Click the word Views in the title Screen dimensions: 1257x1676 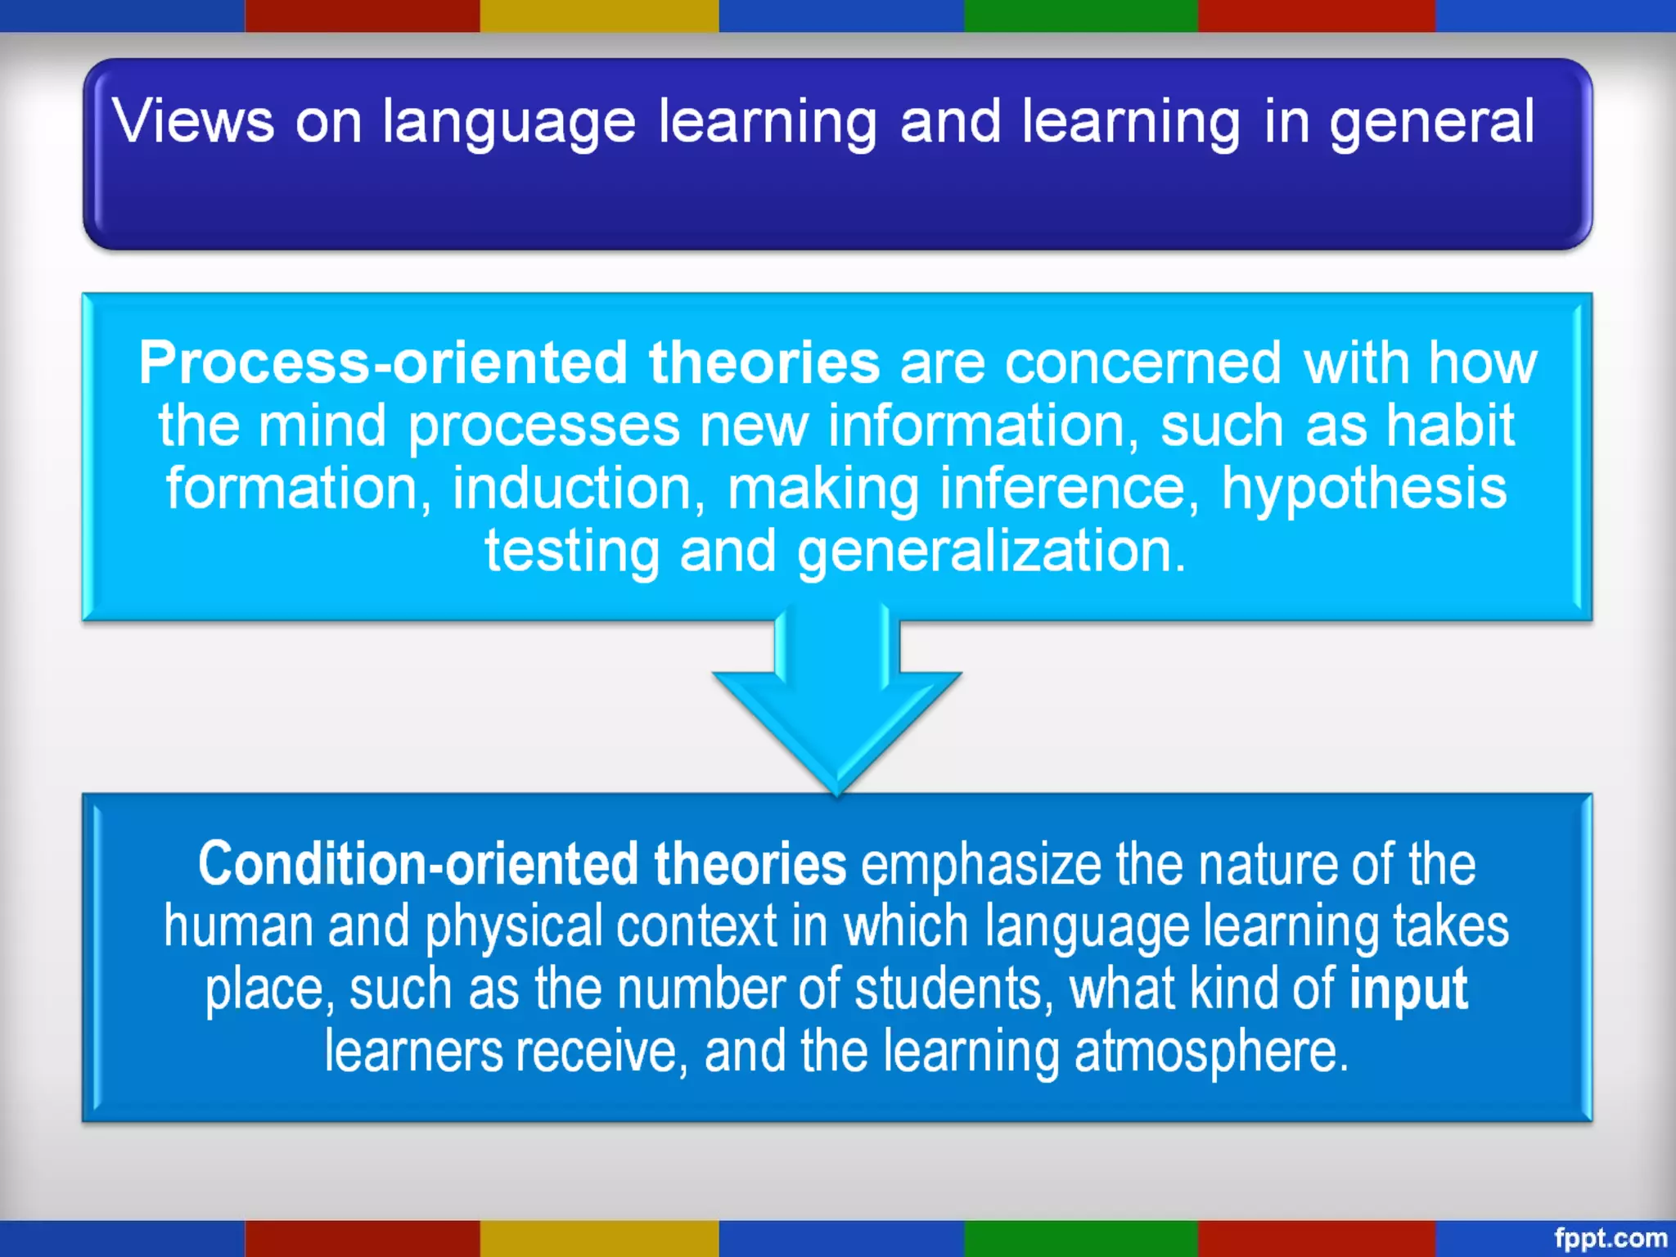coord(193,121)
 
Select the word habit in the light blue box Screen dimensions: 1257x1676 coord(1449,426)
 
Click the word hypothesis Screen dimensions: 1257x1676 coord(1363,489)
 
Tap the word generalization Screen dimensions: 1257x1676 coord(991,552)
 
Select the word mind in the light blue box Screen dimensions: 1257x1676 coord(322,426)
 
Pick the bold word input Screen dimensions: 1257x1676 coord(1408,989)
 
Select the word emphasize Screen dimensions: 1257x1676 coord(981,864)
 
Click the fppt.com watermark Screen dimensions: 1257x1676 coord(1610,1237)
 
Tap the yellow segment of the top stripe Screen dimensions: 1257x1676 coord(599,16)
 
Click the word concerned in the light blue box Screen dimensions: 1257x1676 coord(1142,363)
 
